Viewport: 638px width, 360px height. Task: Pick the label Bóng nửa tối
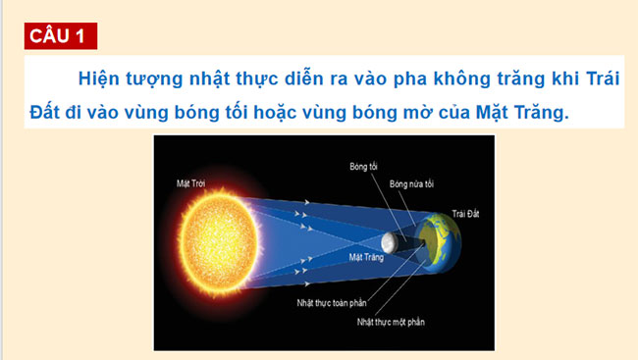[x=410, y=182]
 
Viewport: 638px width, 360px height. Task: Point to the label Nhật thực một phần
[x=392, y=322]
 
